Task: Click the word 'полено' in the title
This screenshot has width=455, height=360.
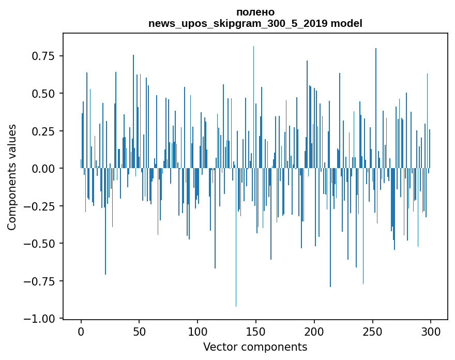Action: pyautogui.click(x=255, y=12)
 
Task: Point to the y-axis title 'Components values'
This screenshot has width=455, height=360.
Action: pyautogui.click(x=12, y=177)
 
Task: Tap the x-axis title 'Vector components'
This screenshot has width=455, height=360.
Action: pyautogui.click(x=255, y=347)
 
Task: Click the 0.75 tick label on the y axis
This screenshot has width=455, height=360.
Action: pyautogui.click(x=46, y=56)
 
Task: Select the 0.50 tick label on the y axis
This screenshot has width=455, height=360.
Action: pyautogui.click(x=46, y=94)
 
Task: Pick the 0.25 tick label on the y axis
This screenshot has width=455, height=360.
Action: pyautogui.click(x=46, y=131)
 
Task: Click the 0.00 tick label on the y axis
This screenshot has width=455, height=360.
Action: pyautogui.click(x=46, y=169)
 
